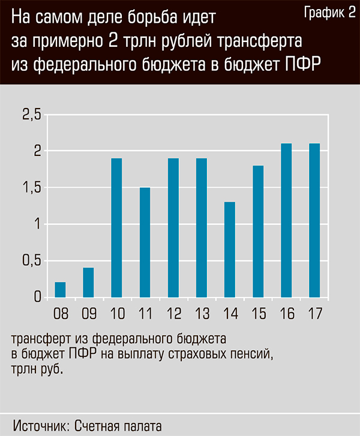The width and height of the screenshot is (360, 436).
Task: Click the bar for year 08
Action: click(x=60, y=290)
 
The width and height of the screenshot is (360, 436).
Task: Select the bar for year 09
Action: click(x=88, y=282)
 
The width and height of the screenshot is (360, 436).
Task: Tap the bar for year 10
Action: click(x=116, y=228)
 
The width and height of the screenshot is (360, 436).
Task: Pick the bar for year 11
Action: click(x=145, y=242)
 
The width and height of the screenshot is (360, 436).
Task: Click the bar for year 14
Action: click(x=230, y=249)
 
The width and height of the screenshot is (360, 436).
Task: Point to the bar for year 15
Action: click(x=258, y=231)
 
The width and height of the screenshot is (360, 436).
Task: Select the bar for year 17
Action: click(x=314, y=220)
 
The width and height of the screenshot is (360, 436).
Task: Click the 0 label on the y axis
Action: click(x=37, y=297)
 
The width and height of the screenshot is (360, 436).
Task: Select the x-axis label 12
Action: click(x=173, y=313)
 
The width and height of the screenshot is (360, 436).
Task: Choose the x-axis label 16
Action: click(x=286, y=313)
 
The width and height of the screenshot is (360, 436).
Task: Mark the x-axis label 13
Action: click(x=202, y=313)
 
